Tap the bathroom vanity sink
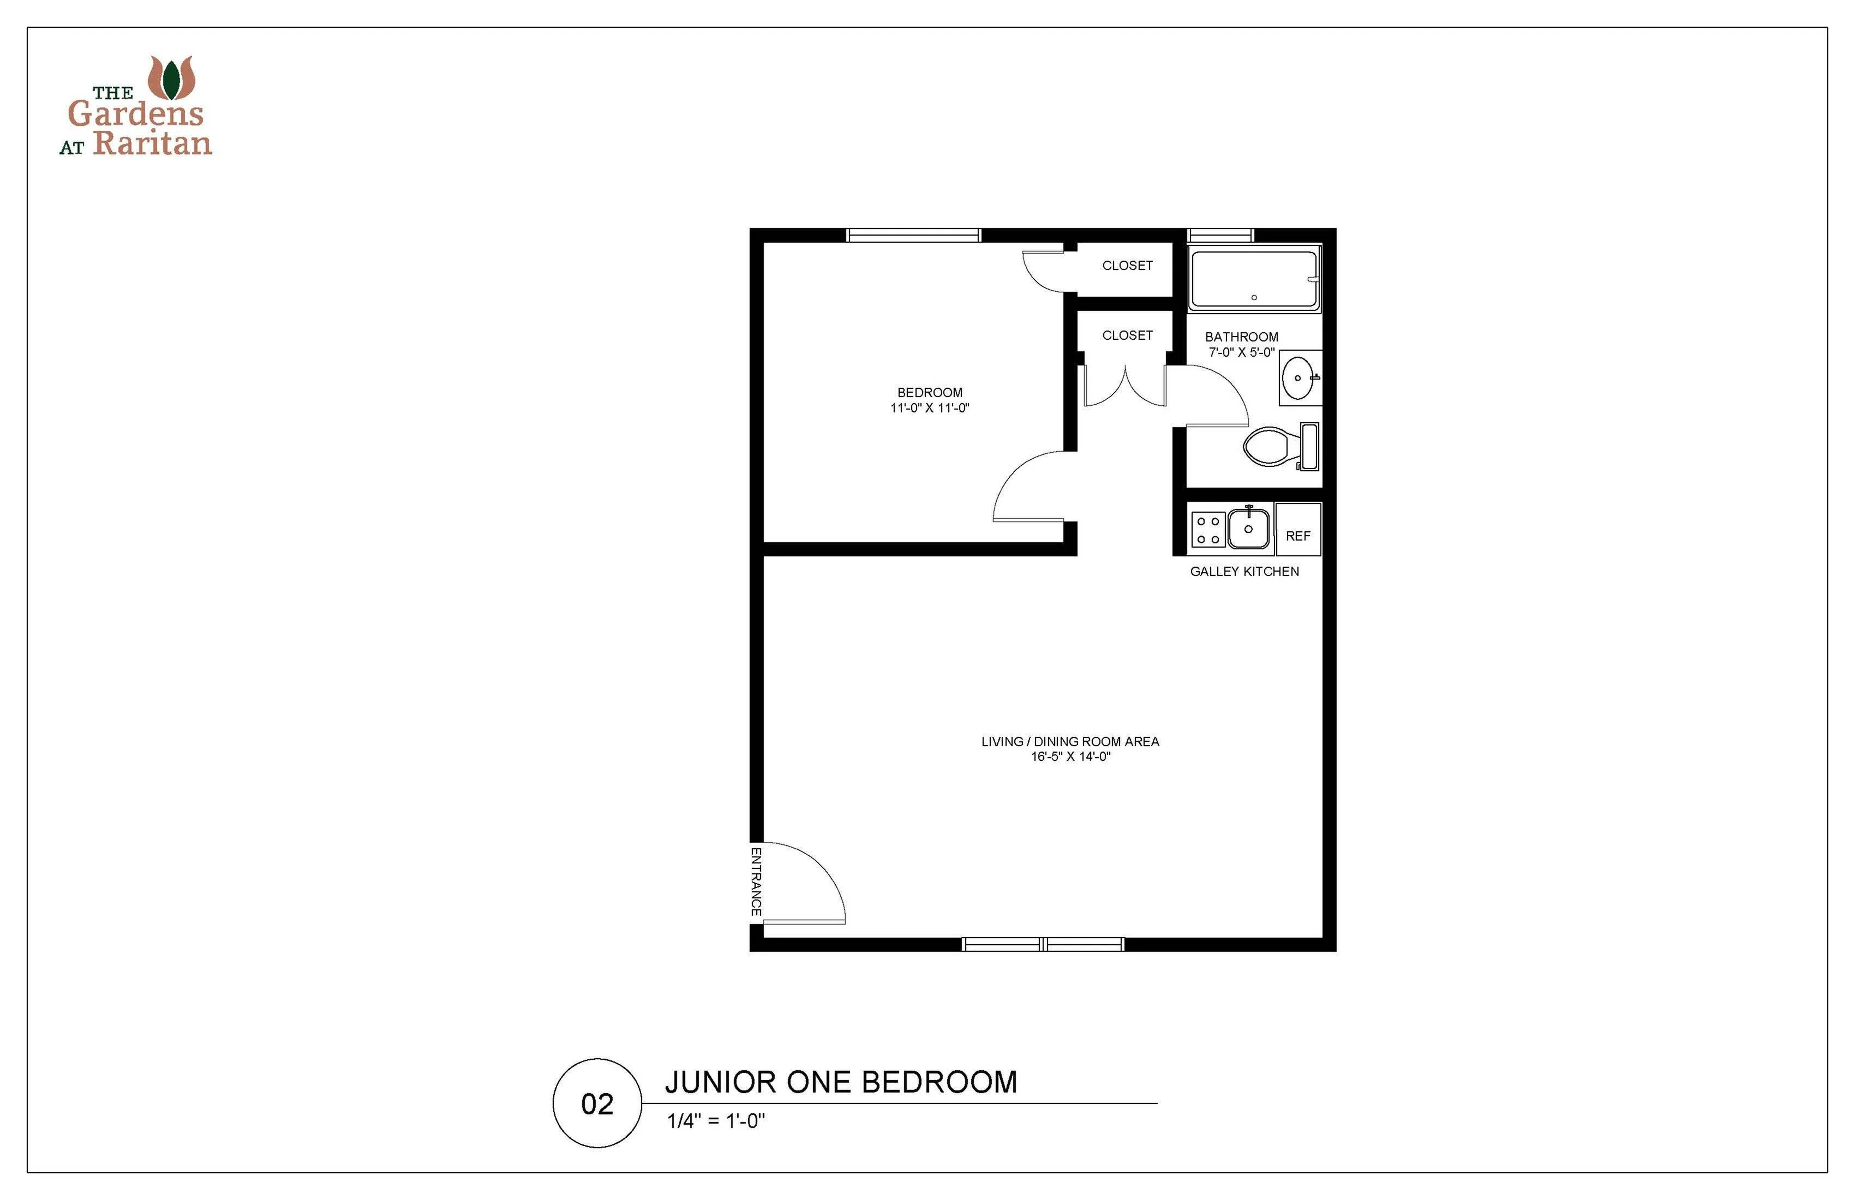1299,378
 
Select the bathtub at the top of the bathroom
1254,278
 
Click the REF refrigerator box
1298,529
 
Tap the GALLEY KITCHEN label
1244,571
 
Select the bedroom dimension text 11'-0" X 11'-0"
930,407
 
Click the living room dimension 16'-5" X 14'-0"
1070,756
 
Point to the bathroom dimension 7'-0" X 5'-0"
1242,352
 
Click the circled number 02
597,1103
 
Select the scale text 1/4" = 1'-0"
716,1121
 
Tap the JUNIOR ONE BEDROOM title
841,1082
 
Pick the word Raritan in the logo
153,142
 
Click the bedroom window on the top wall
913,235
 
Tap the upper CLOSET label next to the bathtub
1127,266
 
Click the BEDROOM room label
930,393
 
